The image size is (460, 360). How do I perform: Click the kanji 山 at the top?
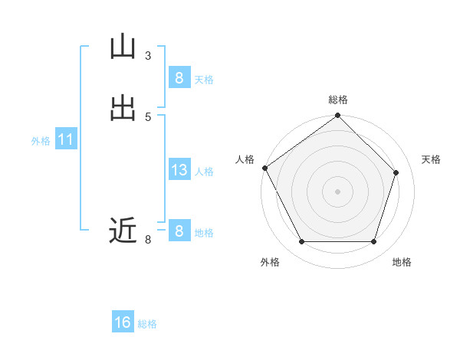point(123,47)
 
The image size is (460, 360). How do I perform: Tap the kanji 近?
point(123,231)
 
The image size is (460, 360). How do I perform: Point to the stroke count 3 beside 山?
point(148,56)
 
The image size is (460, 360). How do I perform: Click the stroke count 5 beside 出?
point(148,117)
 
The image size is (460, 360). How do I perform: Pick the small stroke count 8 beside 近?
point(148,240)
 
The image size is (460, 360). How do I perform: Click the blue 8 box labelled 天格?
point(179,78)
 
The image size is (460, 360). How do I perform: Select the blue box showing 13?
point(179,170)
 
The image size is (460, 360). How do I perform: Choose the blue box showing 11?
point(66,140)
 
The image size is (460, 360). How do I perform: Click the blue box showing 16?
point(123,322)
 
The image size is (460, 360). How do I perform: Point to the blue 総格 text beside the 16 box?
point(147,324)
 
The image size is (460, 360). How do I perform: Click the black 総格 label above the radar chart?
point(338,100)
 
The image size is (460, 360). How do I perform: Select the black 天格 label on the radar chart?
point(432,159)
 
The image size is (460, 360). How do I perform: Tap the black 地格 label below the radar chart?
point(402,262)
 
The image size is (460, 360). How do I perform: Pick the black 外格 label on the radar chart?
point(270,262)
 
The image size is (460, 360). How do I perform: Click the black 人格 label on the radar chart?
point(245,159)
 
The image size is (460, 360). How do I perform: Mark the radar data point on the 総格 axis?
point(338,116)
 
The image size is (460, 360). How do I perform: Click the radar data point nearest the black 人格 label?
point(264,168)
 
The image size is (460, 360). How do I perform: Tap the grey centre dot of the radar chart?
point(338,191)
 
